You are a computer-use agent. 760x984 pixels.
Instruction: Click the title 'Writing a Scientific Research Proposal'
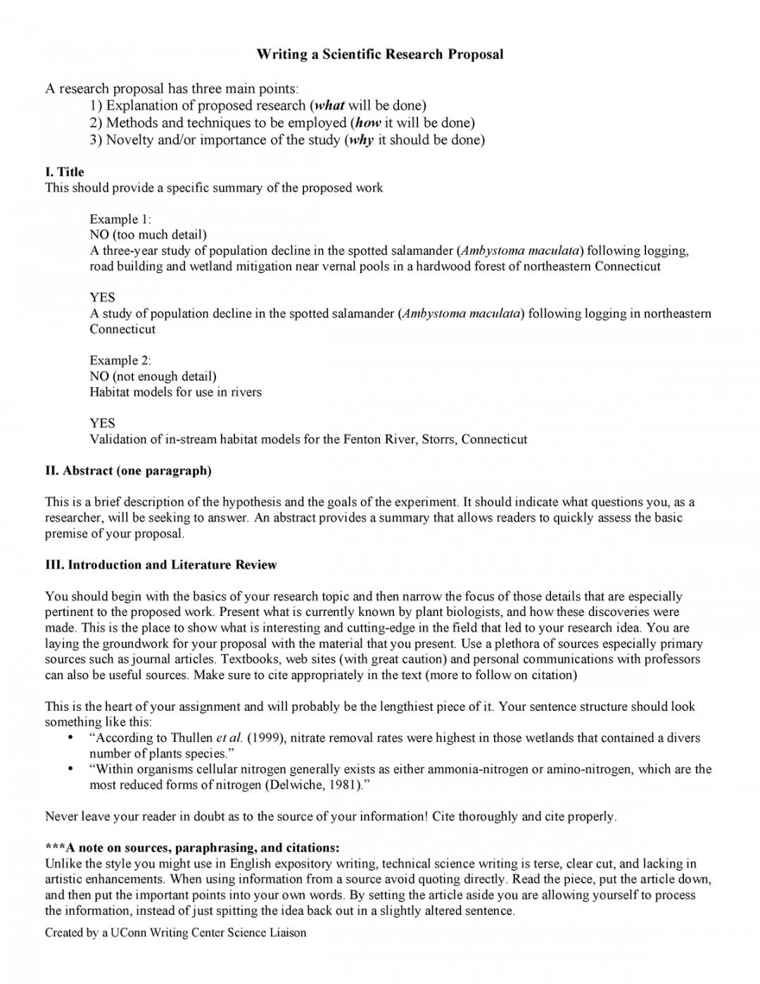379,54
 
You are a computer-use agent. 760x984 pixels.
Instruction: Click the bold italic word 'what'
329,106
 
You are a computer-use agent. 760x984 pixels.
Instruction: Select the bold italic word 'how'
368,122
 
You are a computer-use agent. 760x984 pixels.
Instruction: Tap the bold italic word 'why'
361,139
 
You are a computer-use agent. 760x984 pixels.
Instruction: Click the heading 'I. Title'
65,172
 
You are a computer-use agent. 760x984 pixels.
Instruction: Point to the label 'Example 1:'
120,219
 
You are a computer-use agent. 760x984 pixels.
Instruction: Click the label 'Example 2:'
120,360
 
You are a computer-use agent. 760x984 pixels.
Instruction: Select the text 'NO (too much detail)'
148,234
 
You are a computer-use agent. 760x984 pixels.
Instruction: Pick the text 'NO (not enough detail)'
153,376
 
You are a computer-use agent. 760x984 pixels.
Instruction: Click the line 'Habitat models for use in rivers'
175,392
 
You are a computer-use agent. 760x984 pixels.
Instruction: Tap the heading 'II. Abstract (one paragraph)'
128,470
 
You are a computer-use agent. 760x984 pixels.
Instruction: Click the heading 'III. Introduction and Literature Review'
161,564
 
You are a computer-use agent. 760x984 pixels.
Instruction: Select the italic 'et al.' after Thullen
229,738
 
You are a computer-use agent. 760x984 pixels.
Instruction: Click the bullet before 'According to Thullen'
70,738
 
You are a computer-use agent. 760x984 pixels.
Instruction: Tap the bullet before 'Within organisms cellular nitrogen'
70,769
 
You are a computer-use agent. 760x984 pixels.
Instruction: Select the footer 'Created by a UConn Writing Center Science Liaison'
176,933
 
